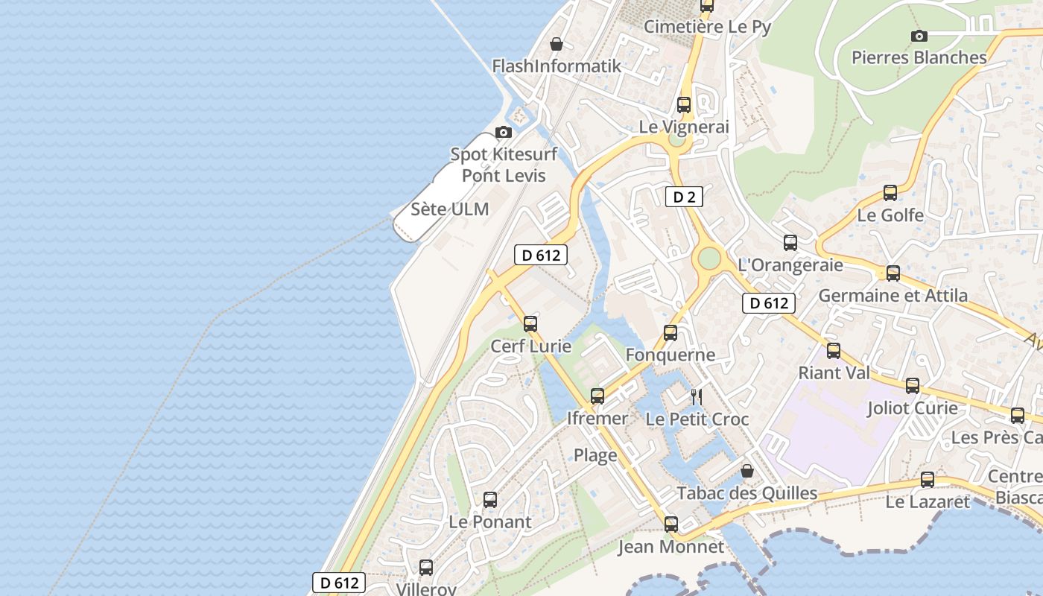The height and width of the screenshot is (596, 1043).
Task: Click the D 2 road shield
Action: point(684,197)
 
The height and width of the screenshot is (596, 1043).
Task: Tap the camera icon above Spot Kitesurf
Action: point(504,132)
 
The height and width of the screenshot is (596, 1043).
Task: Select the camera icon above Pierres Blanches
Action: point(919,36)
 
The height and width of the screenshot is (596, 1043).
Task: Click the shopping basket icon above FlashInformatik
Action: point(556,44)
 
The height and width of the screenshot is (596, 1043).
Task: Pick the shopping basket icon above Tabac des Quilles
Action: point(746,471)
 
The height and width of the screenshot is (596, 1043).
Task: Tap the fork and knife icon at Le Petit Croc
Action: point(697,396)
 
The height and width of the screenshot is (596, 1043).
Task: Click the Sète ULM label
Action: point(450,209)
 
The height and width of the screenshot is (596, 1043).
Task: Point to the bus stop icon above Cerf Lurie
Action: point(530,324)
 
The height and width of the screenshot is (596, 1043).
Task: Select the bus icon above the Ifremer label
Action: point(597,396)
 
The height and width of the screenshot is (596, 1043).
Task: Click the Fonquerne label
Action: point(670,355)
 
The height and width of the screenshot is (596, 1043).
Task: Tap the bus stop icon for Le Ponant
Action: point(489,500)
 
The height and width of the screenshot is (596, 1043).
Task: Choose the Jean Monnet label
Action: point(670,547)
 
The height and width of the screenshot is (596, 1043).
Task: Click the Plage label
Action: point(595,455)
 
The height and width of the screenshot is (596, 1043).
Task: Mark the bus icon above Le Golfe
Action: point(890,193)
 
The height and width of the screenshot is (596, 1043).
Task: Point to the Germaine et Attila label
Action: point(893,296)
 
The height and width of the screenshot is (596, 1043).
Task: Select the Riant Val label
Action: point(834,372)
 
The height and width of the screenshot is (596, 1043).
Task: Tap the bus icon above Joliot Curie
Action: point(913,386)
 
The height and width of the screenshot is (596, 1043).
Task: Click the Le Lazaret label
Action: point(928,502)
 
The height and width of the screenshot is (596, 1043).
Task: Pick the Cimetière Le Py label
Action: point(707,27)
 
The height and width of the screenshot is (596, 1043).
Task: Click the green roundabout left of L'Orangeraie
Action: point(708,258)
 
